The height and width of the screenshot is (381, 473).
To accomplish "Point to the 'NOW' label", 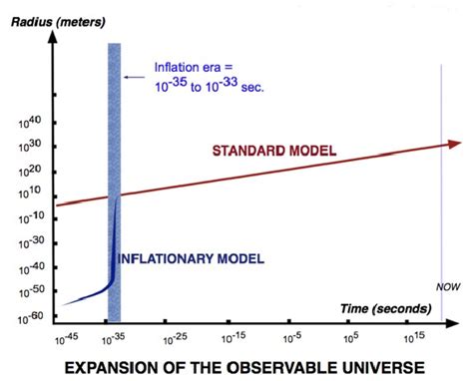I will [447, 286].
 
